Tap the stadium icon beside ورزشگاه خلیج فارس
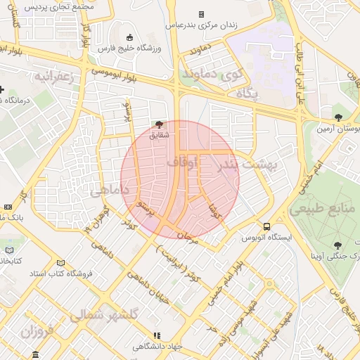click(129, 37)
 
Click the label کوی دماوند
click(212, 72)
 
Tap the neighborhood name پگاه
click(247, 93)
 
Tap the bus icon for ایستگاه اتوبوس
click(266, 226)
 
